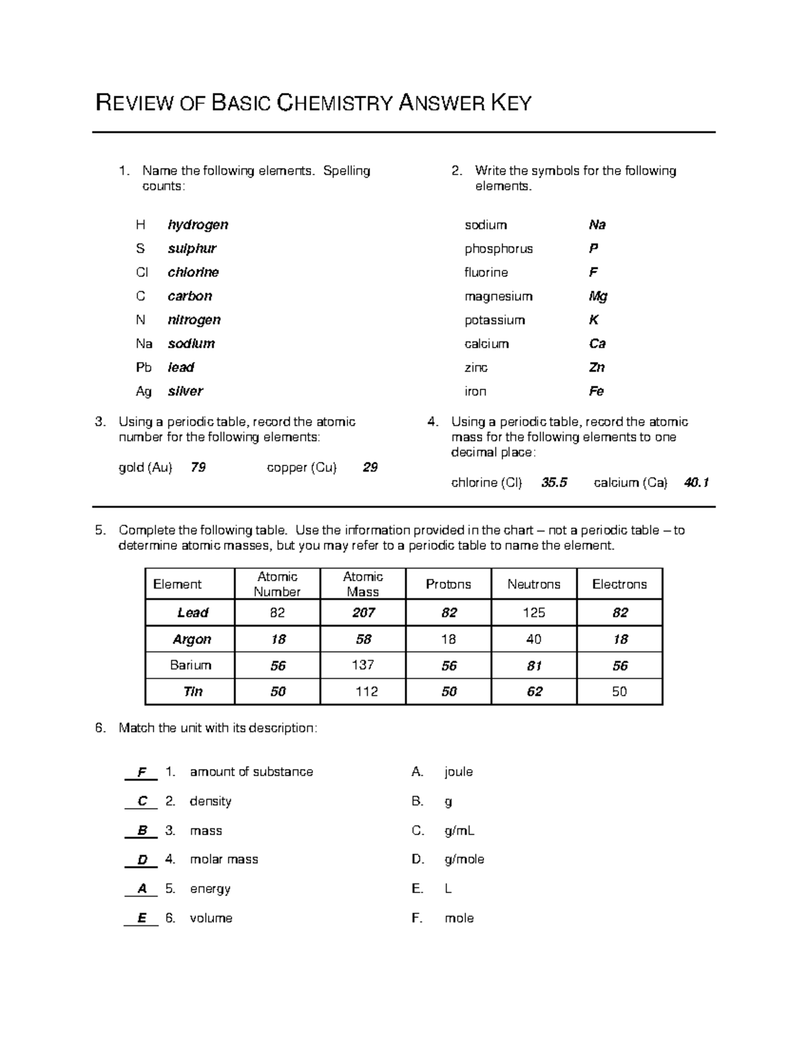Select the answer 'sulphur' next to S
coord(192,249)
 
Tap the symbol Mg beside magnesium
coord(598,296)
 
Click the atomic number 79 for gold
coord(198,467)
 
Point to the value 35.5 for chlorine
coord(554,483)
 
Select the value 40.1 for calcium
coord(696,483)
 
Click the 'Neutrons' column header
coord(533,585)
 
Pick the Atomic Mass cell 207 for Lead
coord(363,613)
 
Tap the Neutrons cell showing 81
coord(534,666)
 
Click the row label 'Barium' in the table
coord(191,665)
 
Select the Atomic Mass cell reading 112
coord(366,692)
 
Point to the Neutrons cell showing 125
coord(534,613)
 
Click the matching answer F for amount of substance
coord(141,773)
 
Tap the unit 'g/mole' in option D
coord(464,859)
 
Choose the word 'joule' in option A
coord(459,772)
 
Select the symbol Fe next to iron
coord(596,391)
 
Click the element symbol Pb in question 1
coord(143,368)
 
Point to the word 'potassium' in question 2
coord(494,320)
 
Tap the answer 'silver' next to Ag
coord(185,391)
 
